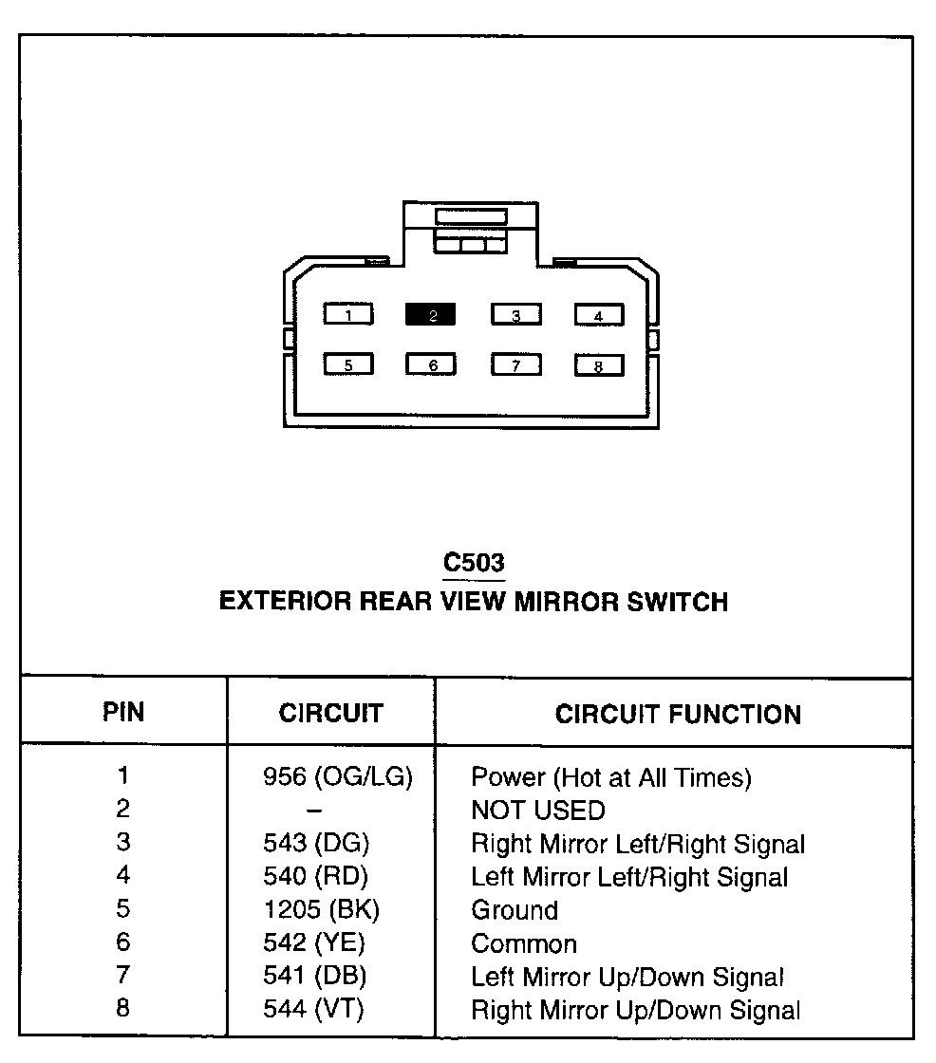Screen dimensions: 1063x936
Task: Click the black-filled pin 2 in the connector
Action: click(x=431, y=315)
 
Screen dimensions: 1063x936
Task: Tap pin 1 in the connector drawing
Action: click(x=348, y=315)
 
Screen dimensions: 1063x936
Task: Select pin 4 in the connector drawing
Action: click(x=598, y=315)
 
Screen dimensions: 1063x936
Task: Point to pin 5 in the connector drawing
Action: click(x=348, y=364)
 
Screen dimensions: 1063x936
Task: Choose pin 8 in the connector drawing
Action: click(x=598, y=365)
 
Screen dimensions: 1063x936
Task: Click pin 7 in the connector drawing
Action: click(x=515, y=364)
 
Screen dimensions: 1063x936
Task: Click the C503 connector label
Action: click(x=474, y=563)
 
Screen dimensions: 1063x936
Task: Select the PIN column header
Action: click(x=123, y=713)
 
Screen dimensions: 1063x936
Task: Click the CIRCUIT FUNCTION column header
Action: click(x=678, y=715)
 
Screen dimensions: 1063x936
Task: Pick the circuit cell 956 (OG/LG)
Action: click(x=338, y=777)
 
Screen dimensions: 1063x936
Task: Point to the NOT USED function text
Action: click(x=537, y=811)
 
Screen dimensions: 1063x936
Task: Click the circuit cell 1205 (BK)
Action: click(x=321, y=909)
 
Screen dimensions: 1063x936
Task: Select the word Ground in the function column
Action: click(x=515, y=910)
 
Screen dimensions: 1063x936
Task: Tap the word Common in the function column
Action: click(x=524, y=944)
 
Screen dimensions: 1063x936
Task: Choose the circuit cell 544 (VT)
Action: click(x=313, y=1010)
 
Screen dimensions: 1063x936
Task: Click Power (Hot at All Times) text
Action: click(x=611, y=778)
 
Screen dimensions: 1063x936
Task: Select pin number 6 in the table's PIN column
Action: click(x=122, y=942)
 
